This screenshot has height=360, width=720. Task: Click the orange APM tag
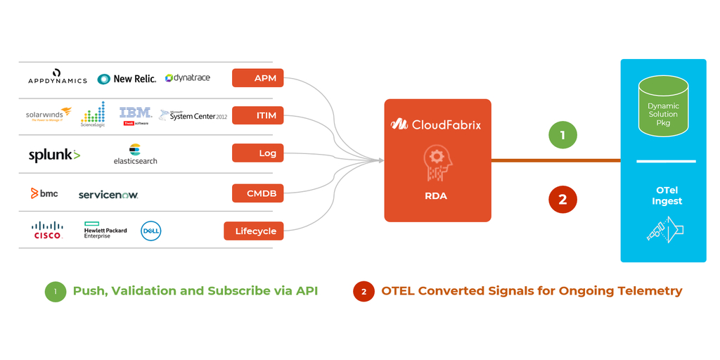[x=257, y=78]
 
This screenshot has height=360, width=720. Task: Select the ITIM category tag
[x=257, y=115]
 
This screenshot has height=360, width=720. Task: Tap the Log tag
[x=257, y=153]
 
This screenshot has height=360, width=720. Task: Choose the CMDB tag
[x=257, y=193]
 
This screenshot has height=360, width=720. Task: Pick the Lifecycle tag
[x=254, y=231]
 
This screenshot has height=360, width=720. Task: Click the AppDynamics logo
[x=58, y=77]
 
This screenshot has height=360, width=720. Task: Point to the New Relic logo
[x=127, y=79]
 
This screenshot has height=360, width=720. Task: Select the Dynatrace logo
[x=188, y=77]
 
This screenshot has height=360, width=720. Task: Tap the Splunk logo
[x=54, y=155]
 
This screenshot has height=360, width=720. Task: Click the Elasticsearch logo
[x=135, y=155]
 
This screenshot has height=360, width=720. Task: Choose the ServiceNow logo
[x=108, y=195]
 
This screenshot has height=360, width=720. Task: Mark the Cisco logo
[x=47, y=230]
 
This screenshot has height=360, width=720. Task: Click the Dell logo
[x=151, y=231]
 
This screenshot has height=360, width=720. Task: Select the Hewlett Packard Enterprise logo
[x=105, y=231]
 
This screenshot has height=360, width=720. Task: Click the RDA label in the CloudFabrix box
[x=435, y=195]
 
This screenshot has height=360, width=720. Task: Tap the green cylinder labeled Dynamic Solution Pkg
[x=663, y=107]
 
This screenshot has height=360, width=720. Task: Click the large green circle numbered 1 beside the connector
[x=562, y=134]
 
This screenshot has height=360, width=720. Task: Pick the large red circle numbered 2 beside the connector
[x=562, y=199]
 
